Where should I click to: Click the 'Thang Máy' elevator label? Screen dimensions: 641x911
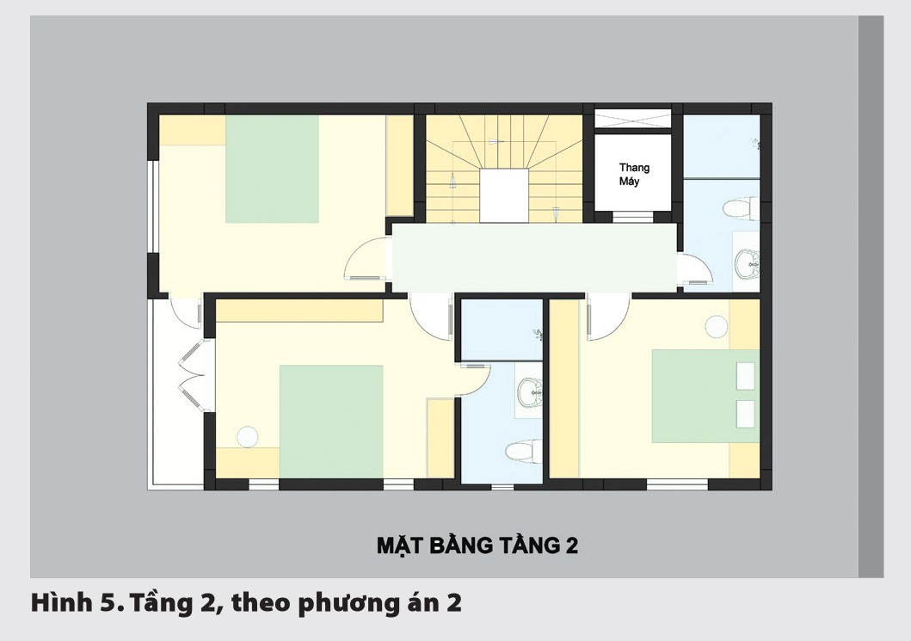click(634, 175)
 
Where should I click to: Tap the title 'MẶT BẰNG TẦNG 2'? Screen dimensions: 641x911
click(477, 545)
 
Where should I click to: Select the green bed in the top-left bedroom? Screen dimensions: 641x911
click(272, 169)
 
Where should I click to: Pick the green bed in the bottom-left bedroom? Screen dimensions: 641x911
click(331, 421)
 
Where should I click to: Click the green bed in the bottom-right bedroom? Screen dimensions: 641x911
click(704, 396)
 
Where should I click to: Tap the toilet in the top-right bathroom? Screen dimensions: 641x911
click(740, 208)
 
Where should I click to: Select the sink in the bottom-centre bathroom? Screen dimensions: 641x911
click(527, 393)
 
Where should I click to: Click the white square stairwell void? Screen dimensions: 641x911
click(503, 195)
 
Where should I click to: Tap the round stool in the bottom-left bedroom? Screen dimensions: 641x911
click(248, 436)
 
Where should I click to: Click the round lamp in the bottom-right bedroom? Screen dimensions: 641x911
click(716, 326)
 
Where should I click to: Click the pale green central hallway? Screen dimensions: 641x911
click(533, 258)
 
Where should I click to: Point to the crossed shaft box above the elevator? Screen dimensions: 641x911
click(632, 118)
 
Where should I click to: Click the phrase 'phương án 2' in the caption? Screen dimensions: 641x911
click(379, 603)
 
